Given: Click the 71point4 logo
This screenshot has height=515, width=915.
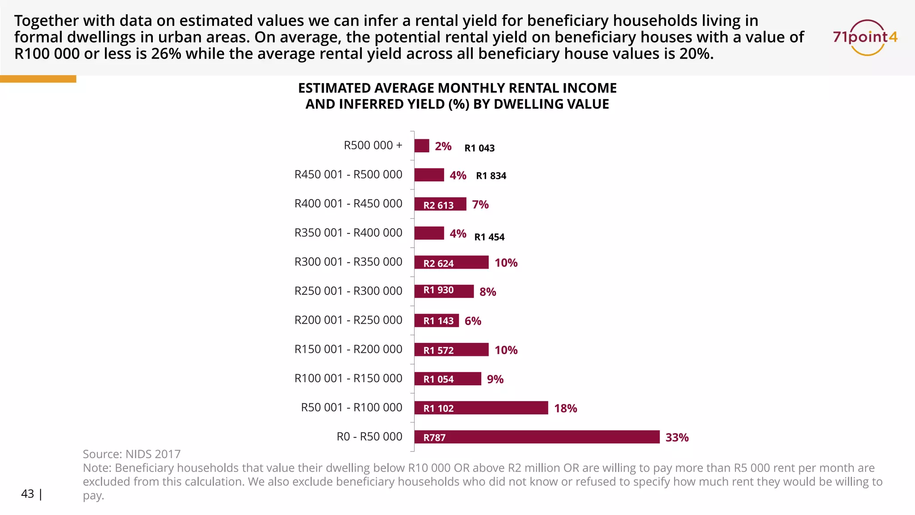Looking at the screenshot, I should (x=865, y=37).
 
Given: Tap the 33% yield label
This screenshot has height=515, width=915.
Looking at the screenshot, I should (x=677, y=437).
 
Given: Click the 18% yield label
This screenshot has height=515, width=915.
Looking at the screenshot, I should (x=565, y=408).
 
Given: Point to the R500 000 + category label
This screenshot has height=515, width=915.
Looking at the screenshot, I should (x=373, y=145).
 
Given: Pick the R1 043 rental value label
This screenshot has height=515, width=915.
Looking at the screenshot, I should (x=479, y=148).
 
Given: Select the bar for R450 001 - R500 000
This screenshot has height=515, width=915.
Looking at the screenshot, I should (x=429, y=175).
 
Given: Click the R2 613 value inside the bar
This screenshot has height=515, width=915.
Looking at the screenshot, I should (x=438, y=205).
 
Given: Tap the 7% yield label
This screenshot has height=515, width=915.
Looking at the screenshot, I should (x=480, y=204).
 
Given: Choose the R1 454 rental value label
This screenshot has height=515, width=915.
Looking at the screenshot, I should (x=489, y=237).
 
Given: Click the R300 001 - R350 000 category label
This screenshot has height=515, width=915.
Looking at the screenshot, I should (x=348, y=262).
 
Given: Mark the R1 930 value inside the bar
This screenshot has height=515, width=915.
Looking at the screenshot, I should (x=438, y=290).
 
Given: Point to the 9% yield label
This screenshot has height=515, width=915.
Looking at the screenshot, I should (x=495, y=379).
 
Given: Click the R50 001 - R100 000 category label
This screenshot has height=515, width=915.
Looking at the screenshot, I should (x=351, y=407).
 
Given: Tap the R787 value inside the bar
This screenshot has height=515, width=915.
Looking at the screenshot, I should (x=434, y=438).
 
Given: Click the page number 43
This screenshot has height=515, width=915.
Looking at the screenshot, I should (x=28, y=494).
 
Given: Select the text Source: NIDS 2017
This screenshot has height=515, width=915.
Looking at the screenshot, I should (x=131, y=454).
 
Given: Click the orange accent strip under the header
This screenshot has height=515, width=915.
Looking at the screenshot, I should (x=38, y=79).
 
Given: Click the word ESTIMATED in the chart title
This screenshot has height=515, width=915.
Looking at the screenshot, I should (x=334, y=88).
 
